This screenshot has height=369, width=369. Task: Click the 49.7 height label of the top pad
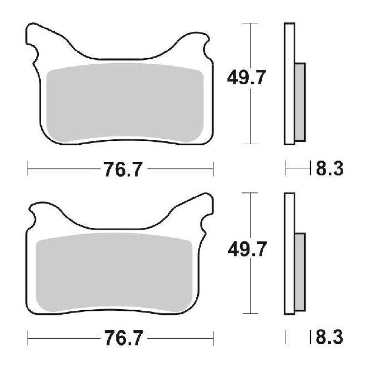click(246, 78)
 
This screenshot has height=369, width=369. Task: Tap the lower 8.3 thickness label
click(329, 338)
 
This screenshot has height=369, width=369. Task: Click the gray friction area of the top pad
click(125, 103)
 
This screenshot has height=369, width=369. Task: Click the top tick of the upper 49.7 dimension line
click(250, 23)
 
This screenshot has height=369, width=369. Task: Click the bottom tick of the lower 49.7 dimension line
click(250, 313)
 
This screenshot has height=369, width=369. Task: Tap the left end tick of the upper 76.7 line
click(28, 168)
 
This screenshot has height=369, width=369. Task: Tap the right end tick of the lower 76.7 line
click(213, 338)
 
